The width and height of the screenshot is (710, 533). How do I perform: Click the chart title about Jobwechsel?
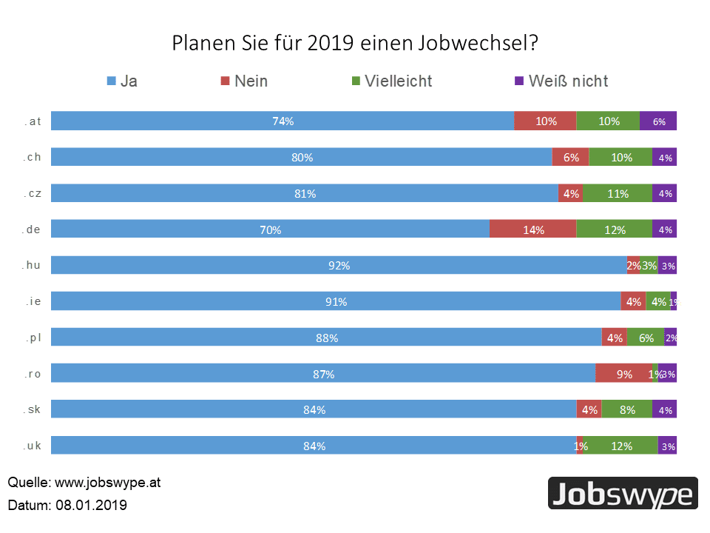coord(355,43)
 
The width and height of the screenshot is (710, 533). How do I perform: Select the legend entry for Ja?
coord(122,81)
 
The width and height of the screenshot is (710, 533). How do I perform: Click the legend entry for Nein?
coord(244,81)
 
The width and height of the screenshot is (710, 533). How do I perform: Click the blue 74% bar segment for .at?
coord(283,121)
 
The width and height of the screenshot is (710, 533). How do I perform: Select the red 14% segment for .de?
coord(532,229)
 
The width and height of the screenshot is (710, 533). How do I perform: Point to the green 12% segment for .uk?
coord(621,446)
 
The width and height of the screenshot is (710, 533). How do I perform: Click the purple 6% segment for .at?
coord(658,121)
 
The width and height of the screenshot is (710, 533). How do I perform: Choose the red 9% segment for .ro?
coord(624,374)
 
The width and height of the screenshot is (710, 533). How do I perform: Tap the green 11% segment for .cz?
coord(617,193)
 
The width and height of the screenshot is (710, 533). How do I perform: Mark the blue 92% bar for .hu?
coord(339,266)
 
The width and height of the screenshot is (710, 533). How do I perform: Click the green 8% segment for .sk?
coord(626,409)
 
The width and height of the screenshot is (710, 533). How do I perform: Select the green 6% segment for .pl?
coord(645,338)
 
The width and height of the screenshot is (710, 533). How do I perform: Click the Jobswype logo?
coord(623,494)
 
